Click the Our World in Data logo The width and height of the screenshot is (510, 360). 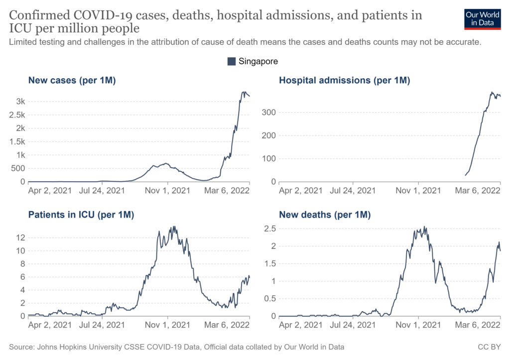pos(482,18)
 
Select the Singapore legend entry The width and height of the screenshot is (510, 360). pos(253,61)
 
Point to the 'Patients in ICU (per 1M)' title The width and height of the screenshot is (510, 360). pos(81,215)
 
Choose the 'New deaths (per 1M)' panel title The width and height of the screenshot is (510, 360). pos(325,215)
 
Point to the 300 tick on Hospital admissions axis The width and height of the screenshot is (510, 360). pos(270,113)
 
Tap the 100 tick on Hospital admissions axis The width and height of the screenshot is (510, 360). pos(270,159)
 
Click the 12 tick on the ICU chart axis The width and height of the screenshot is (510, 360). pos(19,238)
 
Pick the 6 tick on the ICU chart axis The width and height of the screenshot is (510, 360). pos(22,277)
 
